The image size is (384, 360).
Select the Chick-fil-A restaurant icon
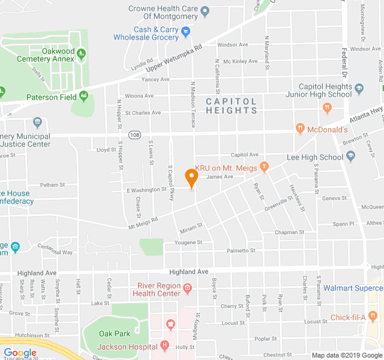[x=373, y=316]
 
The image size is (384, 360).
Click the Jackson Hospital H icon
[x=164, y=346]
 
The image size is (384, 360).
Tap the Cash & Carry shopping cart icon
[x=186, y=29]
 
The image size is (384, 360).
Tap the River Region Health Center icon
[x=187, y=289]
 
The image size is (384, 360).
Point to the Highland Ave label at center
[x=188, y=272]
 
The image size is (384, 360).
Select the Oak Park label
[x=114, y=333]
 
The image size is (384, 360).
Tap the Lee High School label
[x=315, y=157]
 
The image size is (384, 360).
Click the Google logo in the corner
[x=20, y=353]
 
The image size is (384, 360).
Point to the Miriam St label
[x=191, y=230]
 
